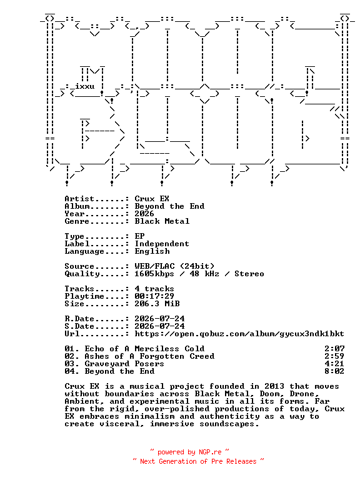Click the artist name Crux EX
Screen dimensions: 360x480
tap(152, 199)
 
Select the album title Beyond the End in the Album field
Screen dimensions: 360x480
tap(169, 206)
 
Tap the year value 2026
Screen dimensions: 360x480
tap(144, 214)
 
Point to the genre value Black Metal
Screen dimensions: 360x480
tap(162, 221)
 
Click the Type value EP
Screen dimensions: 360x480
tap(139, 236)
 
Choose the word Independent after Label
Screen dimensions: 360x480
tap(162, 244)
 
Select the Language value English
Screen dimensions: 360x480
tap(152, 251)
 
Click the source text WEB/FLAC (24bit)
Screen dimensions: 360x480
tap(174, 266)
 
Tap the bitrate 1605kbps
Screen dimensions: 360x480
tap(154, 274)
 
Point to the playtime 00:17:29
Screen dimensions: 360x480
tap(154, 296)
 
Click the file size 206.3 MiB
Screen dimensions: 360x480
tap(157, 304)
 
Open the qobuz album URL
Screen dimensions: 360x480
tap(239, 334)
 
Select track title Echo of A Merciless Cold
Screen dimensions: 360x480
tap(144, 349)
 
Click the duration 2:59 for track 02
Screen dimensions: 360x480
tap(334, 356)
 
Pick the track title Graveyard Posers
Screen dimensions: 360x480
tap(124, 364)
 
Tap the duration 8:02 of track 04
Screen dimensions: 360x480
tap(334, 371)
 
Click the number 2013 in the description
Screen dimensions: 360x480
tap(274, 386)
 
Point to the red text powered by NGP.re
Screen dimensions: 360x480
tap(189, 452)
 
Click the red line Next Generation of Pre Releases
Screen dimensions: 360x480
tap(198, 461)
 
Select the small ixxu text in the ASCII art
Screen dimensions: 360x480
tap(85, 86)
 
